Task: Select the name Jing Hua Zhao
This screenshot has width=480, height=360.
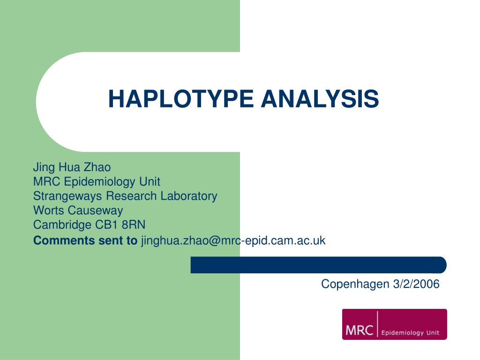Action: coord(72,167)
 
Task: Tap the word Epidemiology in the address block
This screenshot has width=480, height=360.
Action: coord(93,181)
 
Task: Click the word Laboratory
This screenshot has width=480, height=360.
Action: coord(189,196)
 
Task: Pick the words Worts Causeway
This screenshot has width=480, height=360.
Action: coord(78,210)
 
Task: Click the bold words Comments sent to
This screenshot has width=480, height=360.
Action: coord(85,241)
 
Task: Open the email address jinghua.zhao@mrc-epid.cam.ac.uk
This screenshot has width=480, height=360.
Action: coord(233,241)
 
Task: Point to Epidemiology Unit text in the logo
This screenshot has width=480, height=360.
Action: coord(410,333)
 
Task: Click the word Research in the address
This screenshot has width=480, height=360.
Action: coord(133,196)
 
